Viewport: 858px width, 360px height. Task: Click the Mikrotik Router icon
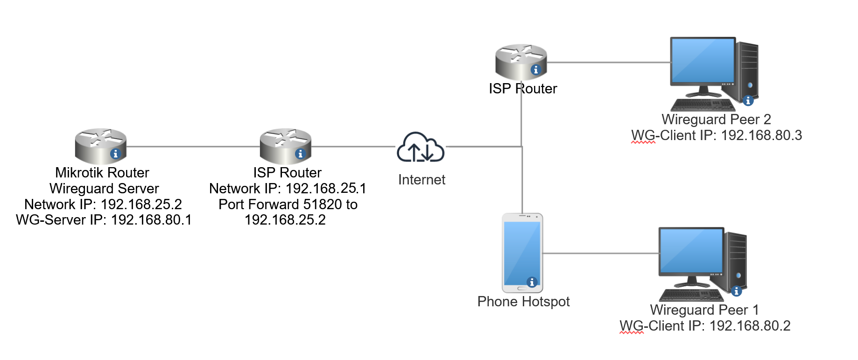tap(100, 146)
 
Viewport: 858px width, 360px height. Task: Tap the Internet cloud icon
tap(420, 148)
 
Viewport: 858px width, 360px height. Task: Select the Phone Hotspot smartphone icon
tap(522, 253)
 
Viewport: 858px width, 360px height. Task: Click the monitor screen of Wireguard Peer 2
tap(703, 61)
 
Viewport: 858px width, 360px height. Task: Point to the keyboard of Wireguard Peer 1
tap(691, 295)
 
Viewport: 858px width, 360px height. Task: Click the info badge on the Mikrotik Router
tap(115, 154)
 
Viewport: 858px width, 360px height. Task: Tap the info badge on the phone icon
tap(532, 282)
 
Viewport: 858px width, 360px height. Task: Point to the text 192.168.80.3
tap(761, 135)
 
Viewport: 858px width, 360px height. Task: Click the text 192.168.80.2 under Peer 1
tap(750, 326)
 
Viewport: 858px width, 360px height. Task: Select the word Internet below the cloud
tap(422, 180)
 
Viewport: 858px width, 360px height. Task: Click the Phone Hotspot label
tap(523, 302)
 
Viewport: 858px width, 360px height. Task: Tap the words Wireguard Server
tap(104, 189)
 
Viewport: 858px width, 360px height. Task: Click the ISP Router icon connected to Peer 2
tap(520, 62)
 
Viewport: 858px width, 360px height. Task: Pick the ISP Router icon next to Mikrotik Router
tap(285, 146)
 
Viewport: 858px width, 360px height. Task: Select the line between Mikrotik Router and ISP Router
tap(192, 147)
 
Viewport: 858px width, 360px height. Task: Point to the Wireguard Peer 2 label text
tap(716, 120)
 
